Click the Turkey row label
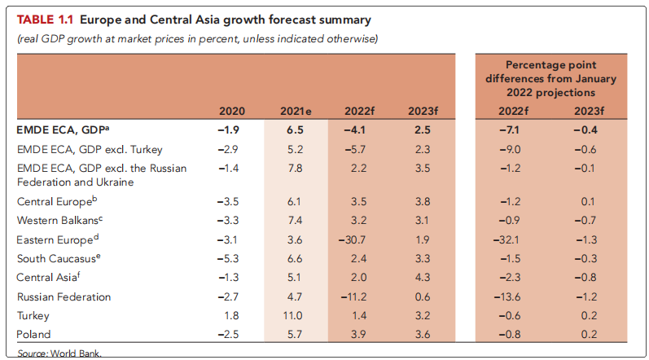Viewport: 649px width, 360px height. [33, 315]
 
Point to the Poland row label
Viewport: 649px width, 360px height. [34, 335]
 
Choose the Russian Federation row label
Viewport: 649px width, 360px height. [64, 296]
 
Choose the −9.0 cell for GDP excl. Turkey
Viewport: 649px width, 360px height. [508, 149]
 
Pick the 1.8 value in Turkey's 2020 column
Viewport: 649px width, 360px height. [235, 315]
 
